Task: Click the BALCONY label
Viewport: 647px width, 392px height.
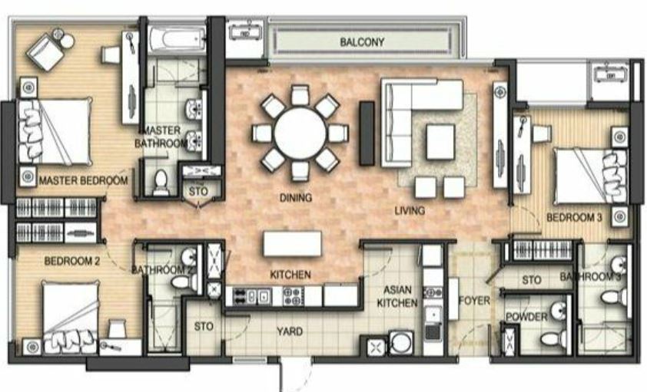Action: click(x=362, y=42)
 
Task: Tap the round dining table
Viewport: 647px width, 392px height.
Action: click(x=300, y=133)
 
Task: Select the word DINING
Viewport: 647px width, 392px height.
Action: click(x=296, y=198)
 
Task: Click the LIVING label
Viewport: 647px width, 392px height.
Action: click(x=410, y=211)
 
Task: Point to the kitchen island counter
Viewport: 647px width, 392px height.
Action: click(x=292, y=243)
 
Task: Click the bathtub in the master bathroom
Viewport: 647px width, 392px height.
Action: click(x=177, y=40)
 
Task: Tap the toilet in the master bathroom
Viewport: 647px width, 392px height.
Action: click(x=161, y=183)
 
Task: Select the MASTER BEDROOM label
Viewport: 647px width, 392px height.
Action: click(x=83, y=180)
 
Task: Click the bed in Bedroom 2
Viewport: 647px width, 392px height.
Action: click(x=71, y=317)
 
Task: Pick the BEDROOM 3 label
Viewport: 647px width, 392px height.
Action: click(x=574, y=217)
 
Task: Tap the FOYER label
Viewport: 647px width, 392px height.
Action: click(x=475, y=301)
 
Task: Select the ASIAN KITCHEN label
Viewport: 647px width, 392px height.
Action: click(x=397, y=296)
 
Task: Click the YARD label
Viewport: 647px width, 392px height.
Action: click(x=290, y=331)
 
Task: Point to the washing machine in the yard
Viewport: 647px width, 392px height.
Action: click(x=400, y=343)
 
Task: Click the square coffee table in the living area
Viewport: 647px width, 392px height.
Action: click(x=441, y=142)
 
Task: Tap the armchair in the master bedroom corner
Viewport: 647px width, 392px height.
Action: click(x=45, y=51)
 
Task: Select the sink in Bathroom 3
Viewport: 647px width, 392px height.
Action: click(x=619, y=265)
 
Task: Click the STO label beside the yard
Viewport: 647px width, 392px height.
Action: click(x=204, y=327)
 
